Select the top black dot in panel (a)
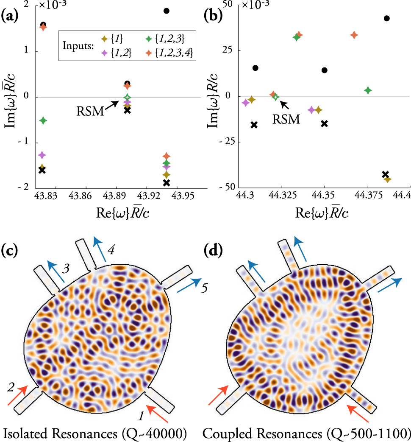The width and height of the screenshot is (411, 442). point(167,11)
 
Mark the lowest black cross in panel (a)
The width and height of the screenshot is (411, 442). point(167,183)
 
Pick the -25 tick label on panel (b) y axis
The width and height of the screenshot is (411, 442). point(229,142)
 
